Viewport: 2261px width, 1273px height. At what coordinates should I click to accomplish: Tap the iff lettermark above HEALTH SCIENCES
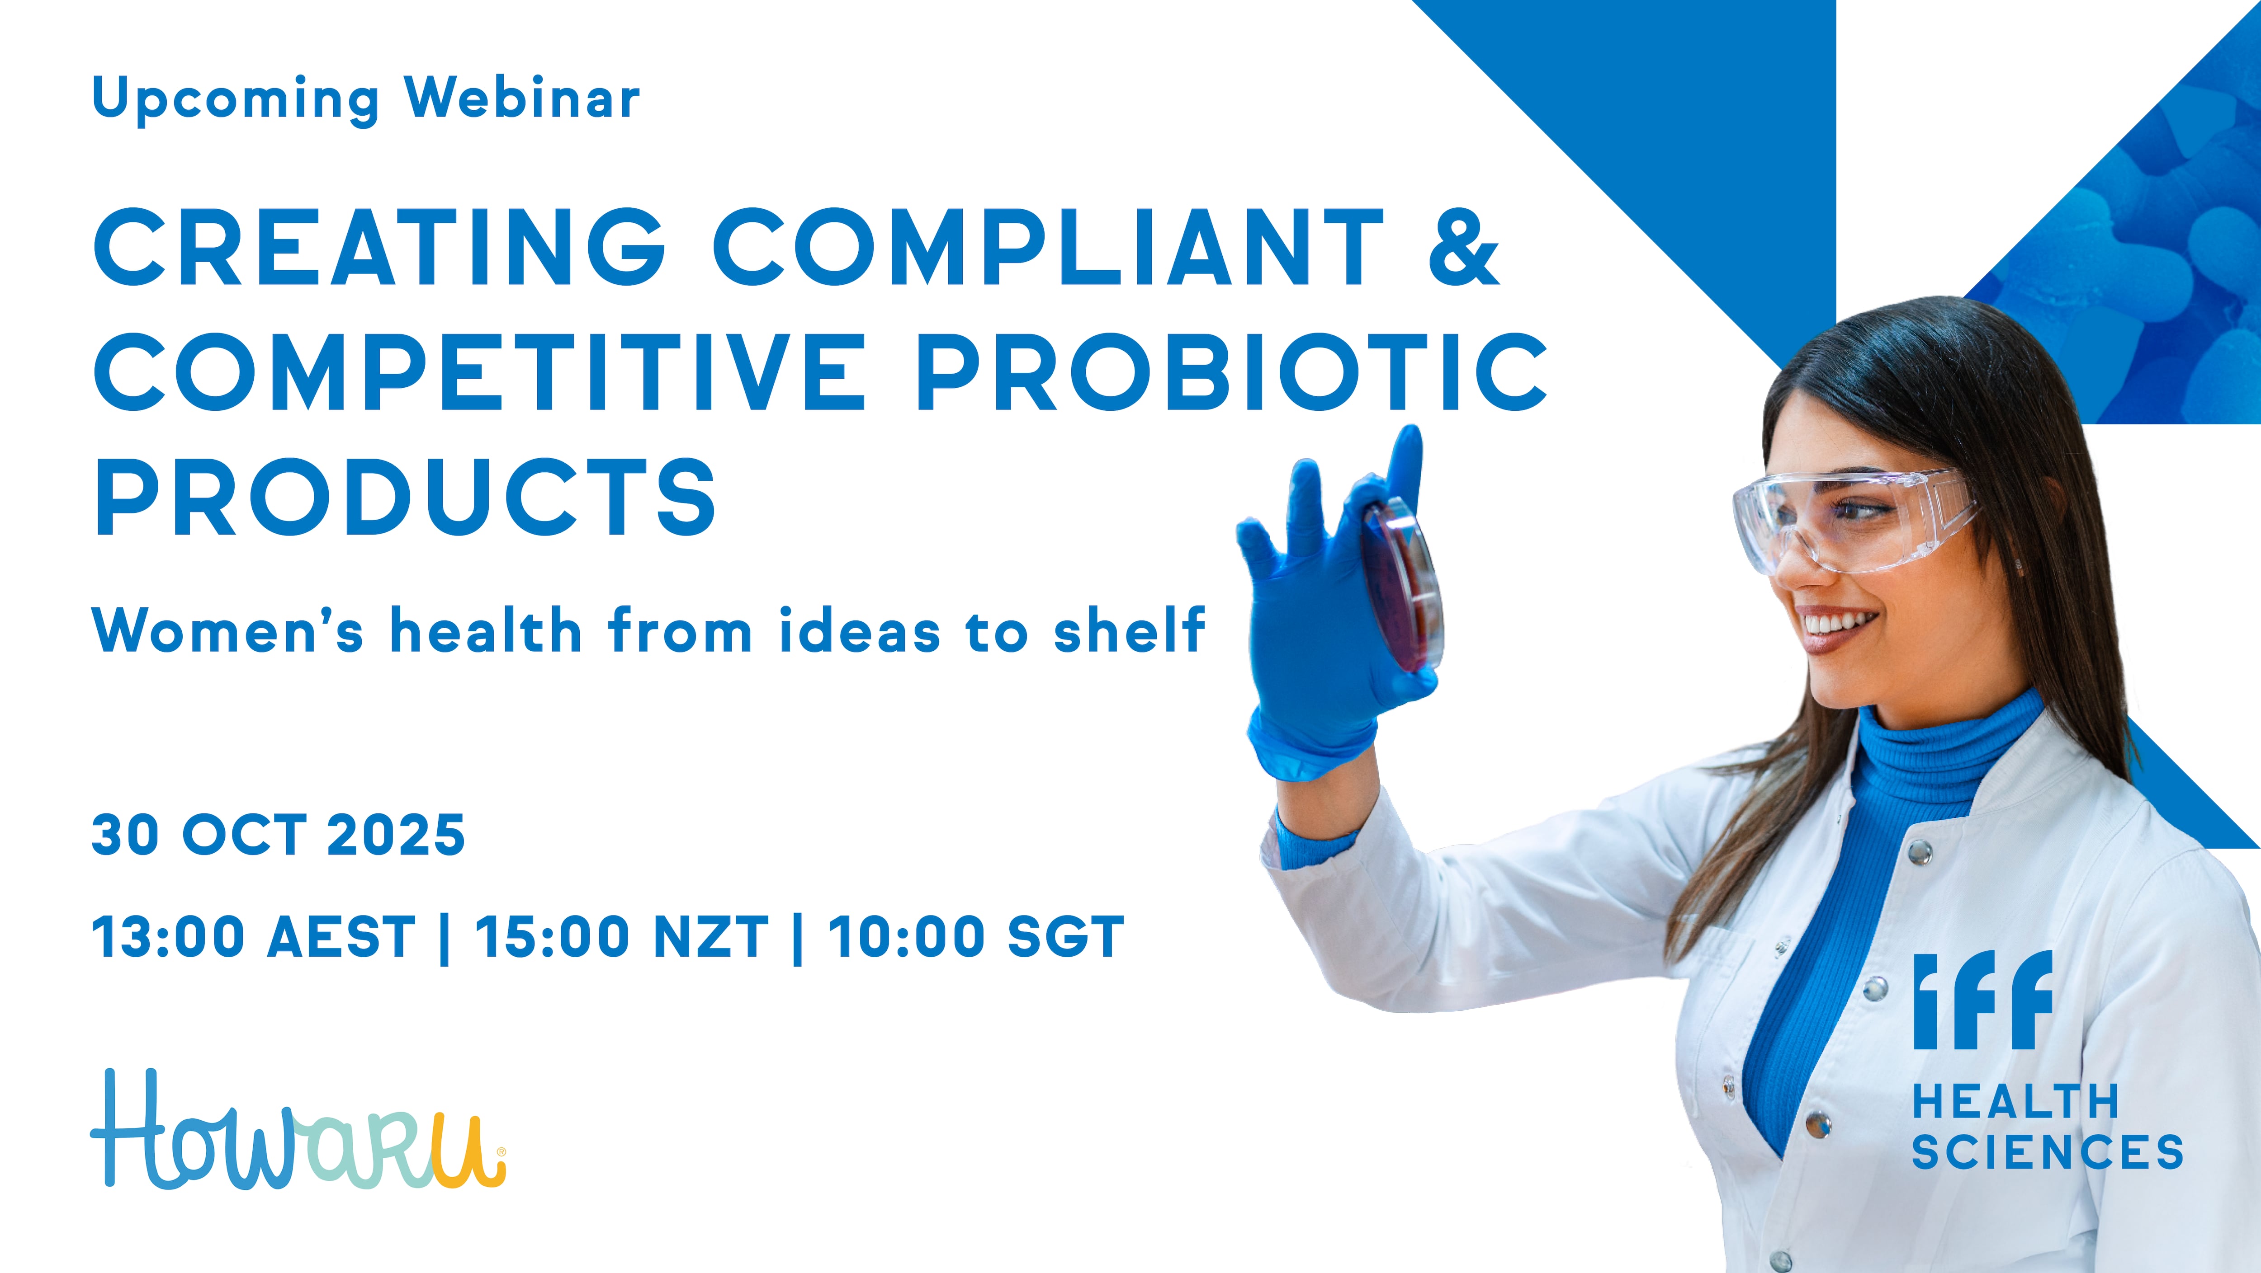click(1982, 1000)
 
